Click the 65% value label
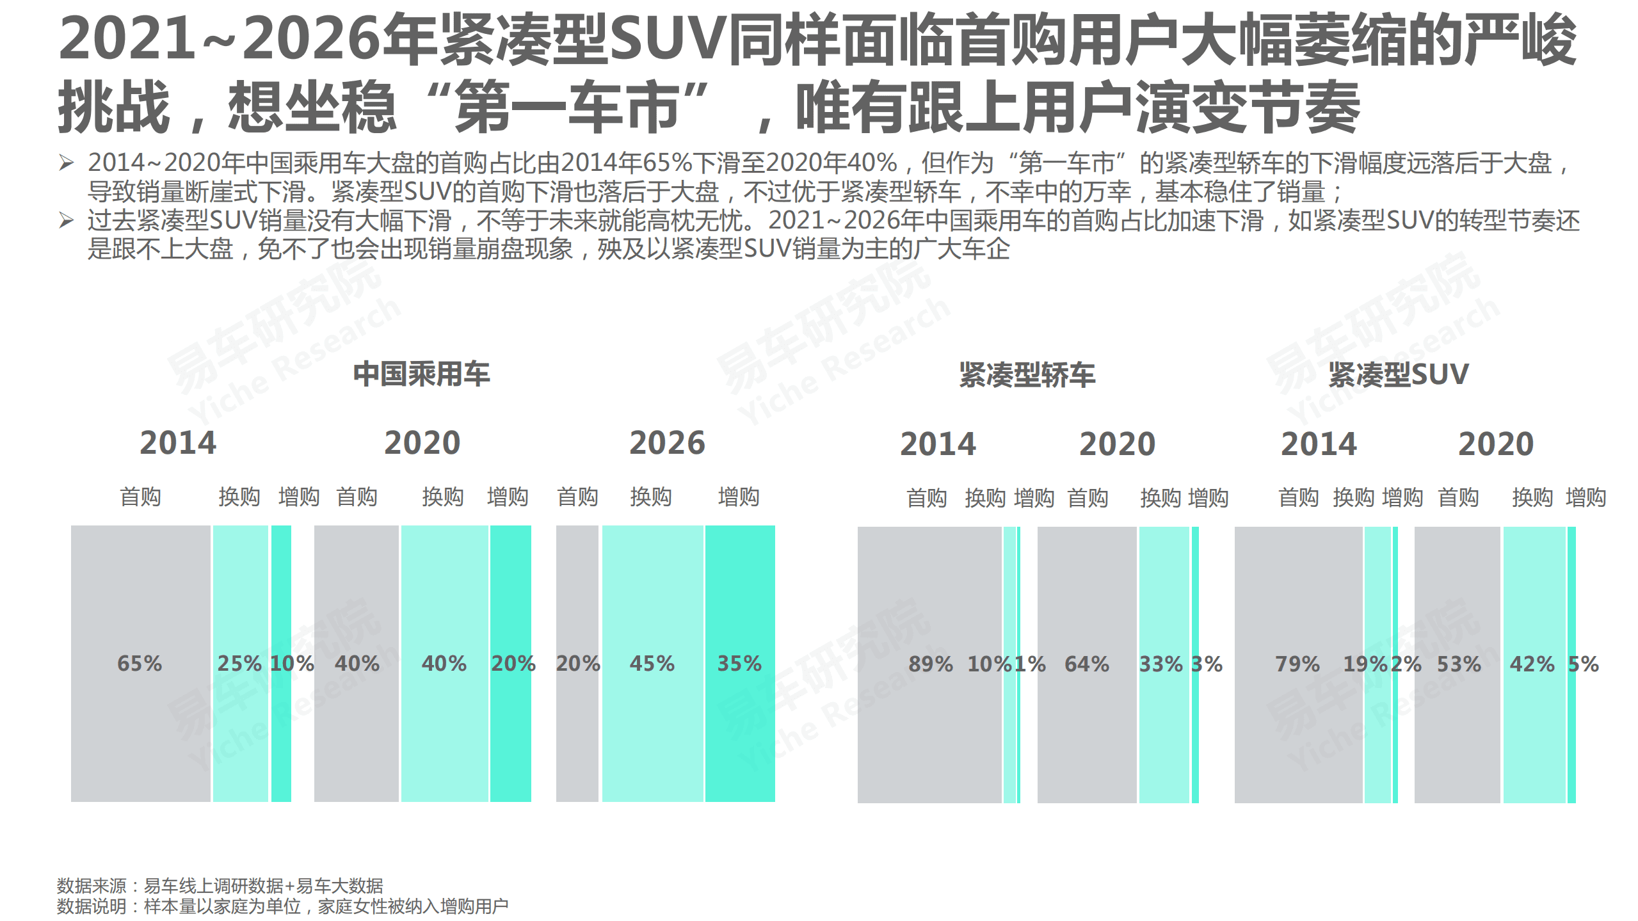pyautogui.click(x=140, y=663)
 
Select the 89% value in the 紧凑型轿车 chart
pyautogui.click(x=930, y=664)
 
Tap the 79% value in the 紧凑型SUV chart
pyautogui.click(x=1297, y=664)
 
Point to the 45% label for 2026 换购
pyautogui.click(x=652, y=663)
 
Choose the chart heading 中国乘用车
pyautogui.click(x=421, y=374)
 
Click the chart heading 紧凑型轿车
pyautogui.click(x=1027, y=374)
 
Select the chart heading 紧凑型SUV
pyautogui.click(x=1398, y=374)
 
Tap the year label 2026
pyautogui.click(x=666, y=443)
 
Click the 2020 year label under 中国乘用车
pyautogui.click(x=422, y=443)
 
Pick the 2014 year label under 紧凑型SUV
pyautogui.click(x=1318, y=444)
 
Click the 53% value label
pyautogui.click(x=1459, y=664)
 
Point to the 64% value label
pyautogui.click(x=1086, y=664)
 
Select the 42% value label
pyautogui.click(x=1532, y=664)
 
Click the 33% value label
pyautogui.click(x=1160, y=664)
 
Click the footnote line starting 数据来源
pyautogui.click(x=220, y=886)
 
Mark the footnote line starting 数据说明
pyautogui.click(x=282, y=906)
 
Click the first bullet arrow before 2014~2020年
pyautogui.click(x=66, y=163)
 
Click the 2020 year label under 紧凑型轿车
pyautogui.click(x=1117, y=444)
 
